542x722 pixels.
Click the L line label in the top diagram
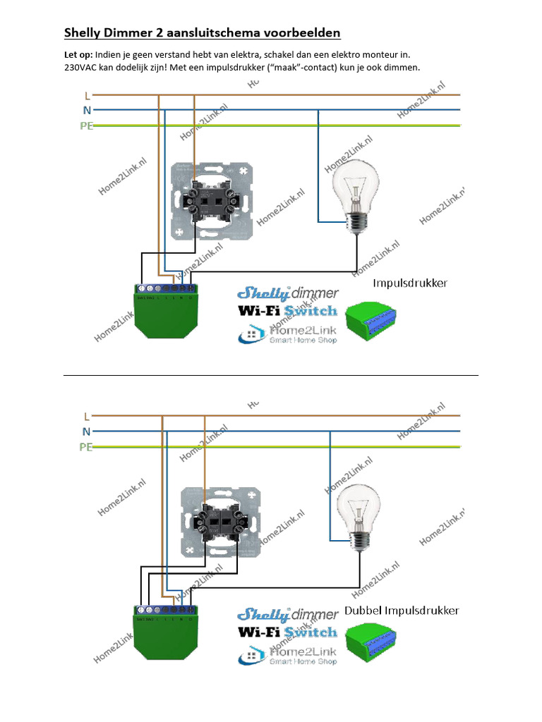tap(87, 95)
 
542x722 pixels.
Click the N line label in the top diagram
tap(87, 110)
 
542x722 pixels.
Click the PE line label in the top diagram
tap(86, 126)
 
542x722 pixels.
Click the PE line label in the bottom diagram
tap(86, 447)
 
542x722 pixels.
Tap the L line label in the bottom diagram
tap(87, 417)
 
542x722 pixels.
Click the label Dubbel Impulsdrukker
tap(402, 611)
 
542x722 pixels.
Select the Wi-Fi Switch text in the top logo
tap(287, 310)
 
